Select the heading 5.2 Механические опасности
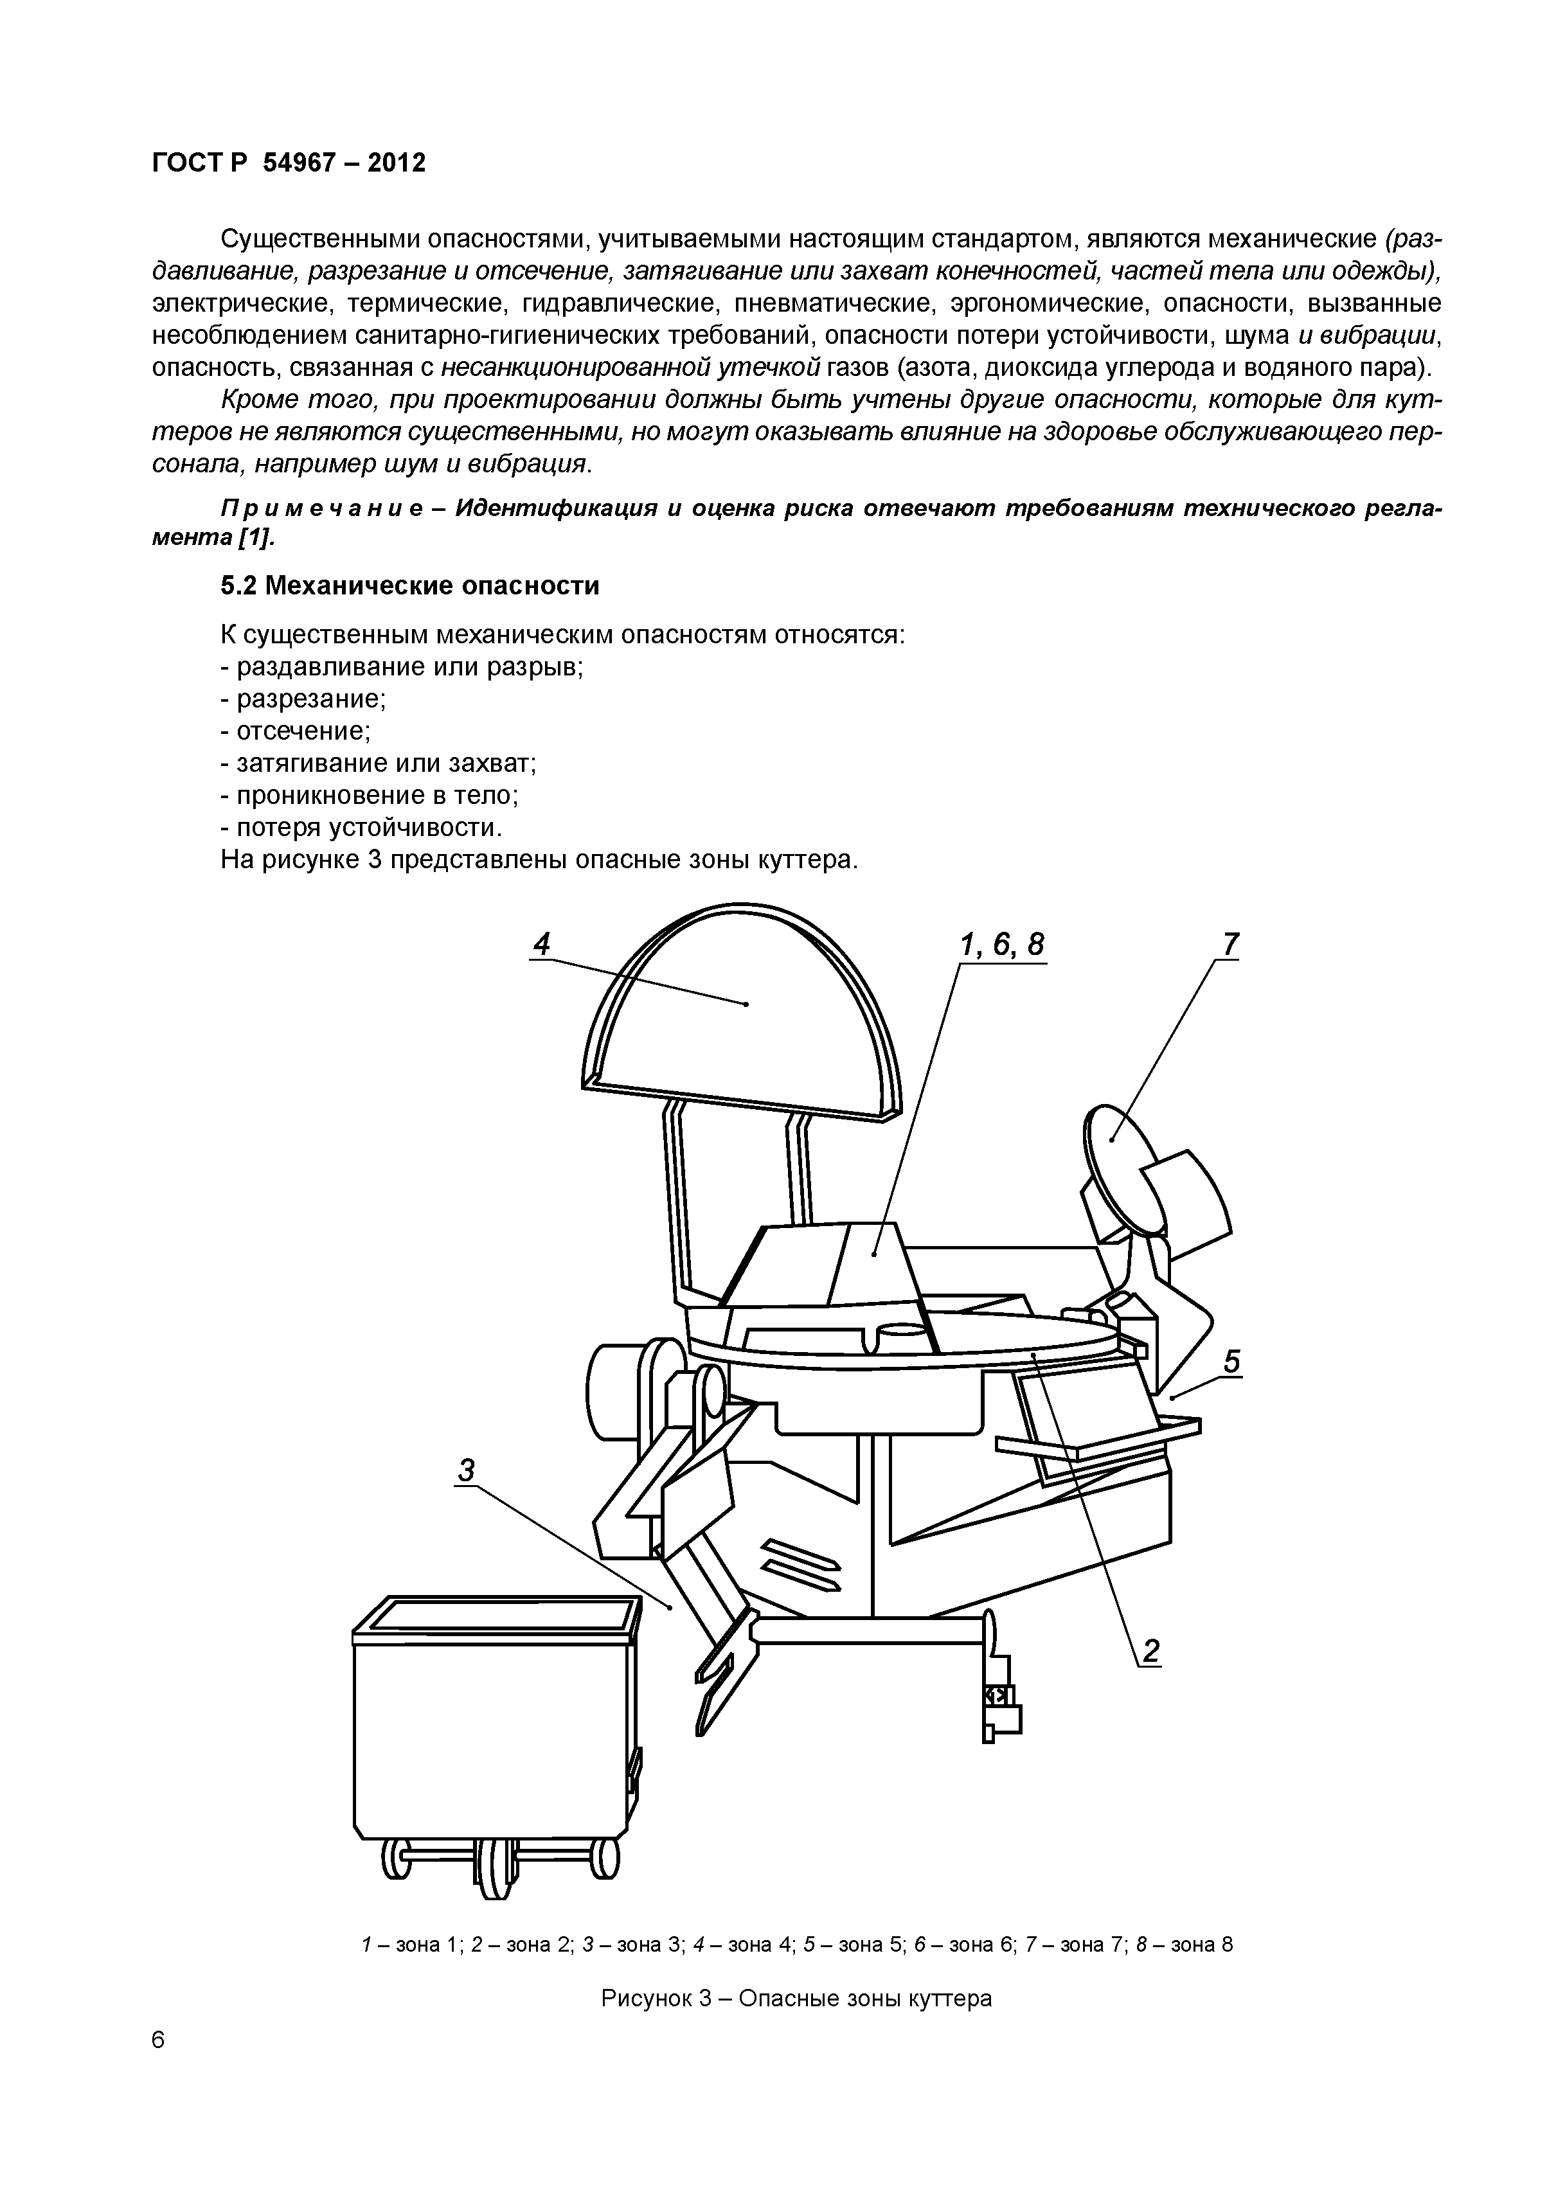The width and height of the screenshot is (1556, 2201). (409, 585)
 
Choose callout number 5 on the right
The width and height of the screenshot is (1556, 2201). (1232, 1361)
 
